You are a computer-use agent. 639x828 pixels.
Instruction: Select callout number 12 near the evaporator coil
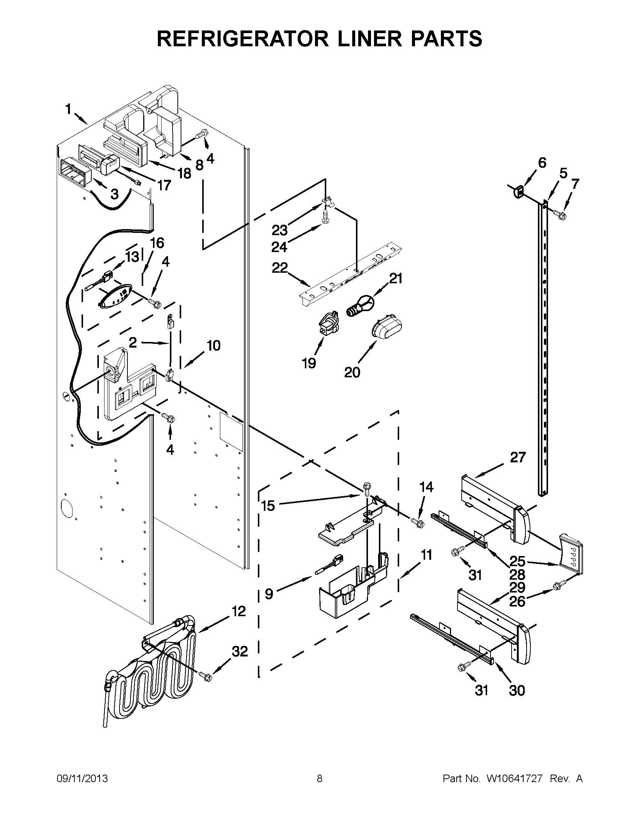pos(239,612)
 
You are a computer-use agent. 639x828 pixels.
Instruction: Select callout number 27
pos(518,457)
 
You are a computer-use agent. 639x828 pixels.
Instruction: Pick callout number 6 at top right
pos(542,163)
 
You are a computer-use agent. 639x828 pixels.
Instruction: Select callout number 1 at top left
pos(68,109)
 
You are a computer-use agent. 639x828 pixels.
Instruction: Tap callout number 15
pos(268,505)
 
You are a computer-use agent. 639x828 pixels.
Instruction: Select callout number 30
pos(517,690)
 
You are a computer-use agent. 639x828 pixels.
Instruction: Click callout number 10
pos(214,345)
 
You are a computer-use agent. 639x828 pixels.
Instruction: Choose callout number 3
pos(114,194)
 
